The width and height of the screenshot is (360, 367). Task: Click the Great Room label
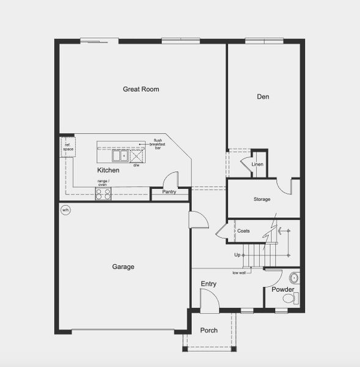[141, 89]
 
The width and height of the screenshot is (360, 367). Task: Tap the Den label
[263, 97]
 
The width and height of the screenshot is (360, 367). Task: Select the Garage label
[123, 267]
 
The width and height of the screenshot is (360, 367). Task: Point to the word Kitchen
[108, 170]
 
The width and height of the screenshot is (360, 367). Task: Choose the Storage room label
[262, 199]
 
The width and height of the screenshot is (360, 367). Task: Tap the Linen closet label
[257, 164]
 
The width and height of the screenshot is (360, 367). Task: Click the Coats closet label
[243, 231]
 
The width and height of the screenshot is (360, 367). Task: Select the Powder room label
[283, 289]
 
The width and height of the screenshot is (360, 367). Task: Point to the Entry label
[208, 284]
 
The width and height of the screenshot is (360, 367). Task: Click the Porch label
[209, 331]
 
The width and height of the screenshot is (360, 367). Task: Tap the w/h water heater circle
[65, 210]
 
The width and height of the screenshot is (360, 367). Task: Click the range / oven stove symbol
[103, 194]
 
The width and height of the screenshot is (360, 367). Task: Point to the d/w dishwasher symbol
[136, 155]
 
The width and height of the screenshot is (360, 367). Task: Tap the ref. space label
[67, 147]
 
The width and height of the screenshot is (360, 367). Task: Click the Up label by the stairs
[237, 254]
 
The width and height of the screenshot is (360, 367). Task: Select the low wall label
[239, 273]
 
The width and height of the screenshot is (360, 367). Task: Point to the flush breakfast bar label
[158, 144]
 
